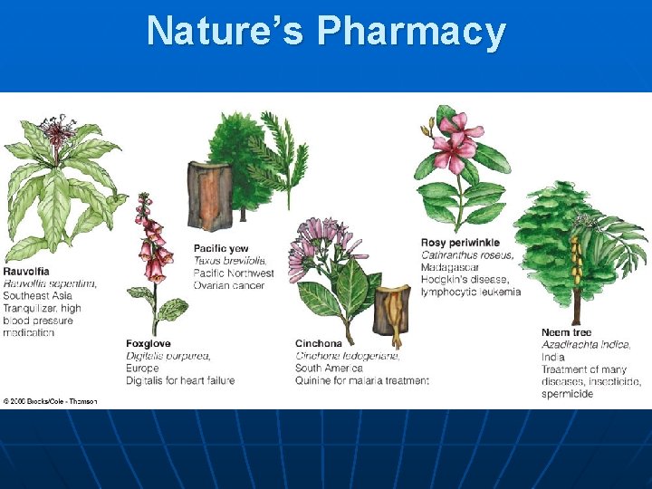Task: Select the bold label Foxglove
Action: (x=149, y=344)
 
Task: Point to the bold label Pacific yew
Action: (x=221, y=248)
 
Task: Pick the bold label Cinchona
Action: (x=319, y=344)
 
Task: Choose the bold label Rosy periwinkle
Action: (x=460, y=243)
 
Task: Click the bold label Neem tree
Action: (x=567, y=332)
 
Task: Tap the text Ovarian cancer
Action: (x=229, y=285)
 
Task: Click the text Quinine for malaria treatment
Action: (x=361, y=380)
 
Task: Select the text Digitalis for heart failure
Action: (x=180, y=380)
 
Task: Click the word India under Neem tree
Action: (x=553, y=357)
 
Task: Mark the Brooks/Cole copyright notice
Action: (x=50, y=400)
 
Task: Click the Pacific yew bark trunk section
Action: (x=210, y=194)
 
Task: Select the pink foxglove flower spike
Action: (x=150, y=239)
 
